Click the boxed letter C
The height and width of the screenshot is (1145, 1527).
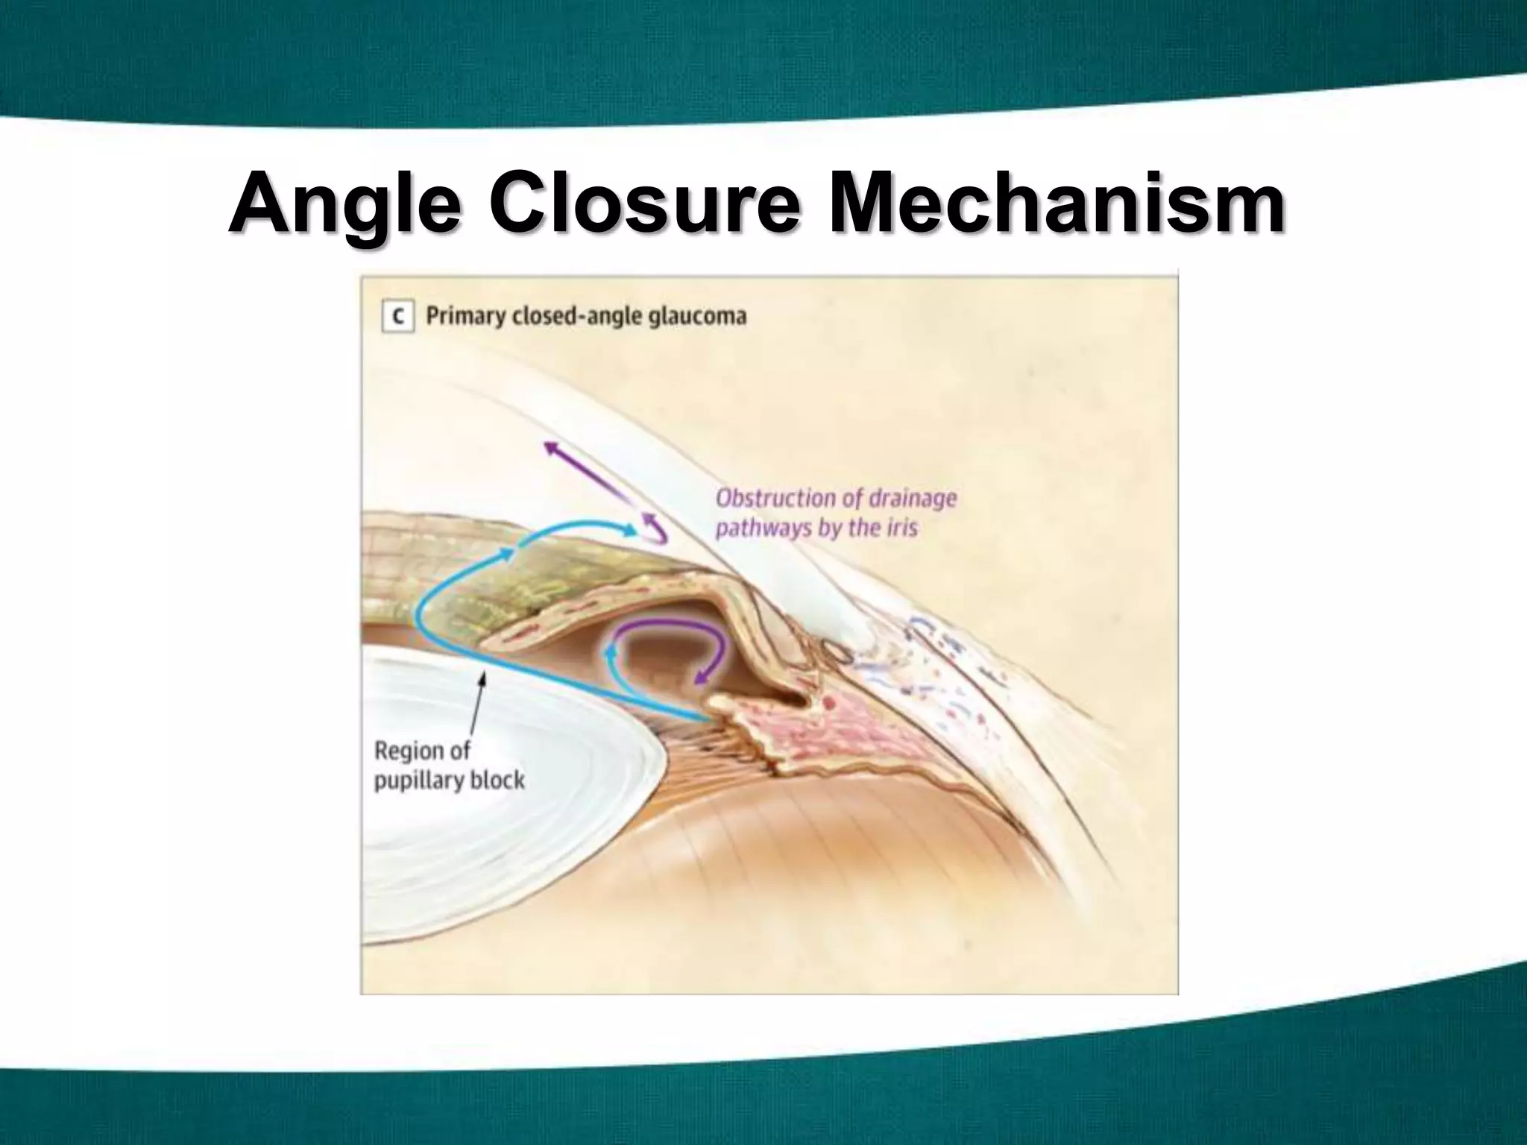[398, 318]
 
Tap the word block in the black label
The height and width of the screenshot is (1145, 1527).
[498, 780]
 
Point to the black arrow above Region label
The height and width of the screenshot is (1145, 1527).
[477, 708]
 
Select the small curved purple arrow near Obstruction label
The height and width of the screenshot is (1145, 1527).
[655, 527]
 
